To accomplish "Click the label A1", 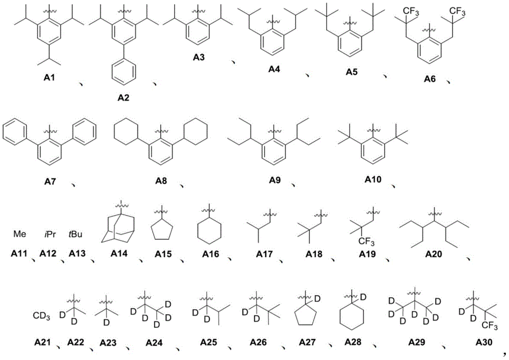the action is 49,77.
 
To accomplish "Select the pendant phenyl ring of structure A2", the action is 123,75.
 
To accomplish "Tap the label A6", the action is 430,79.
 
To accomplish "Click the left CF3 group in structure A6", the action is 411,12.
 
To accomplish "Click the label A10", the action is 373,179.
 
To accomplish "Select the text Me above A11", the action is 19,234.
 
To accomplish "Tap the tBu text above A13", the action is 75,234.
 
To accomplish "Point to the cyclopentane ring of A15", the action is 162,229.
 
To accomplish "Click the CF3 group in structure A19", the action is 366,242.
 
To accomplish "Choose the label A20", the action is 434,254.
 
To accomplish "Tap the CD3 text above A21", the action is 42,316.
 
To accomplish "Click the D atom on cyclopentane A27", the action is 318,298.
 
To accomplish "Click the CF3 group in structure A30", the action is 490,325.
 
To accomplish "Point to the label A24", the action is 154,343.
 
